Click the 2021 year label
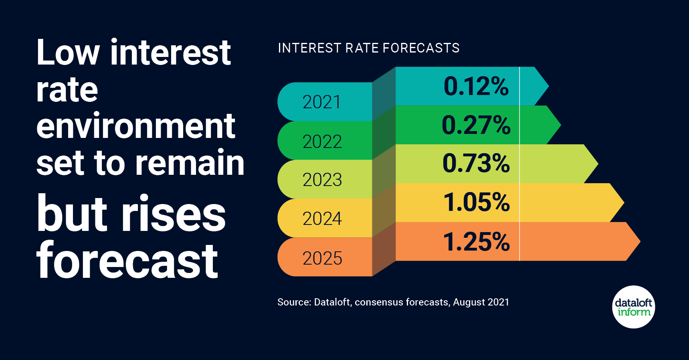pyautogui.click(x=322, y=102)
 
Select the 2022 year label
pyautogui.click(x=322, y=142)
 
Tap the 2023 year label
pyautogui.click(x=322, y=180)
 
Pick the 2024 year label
pyautogui.click(x=322, y=218)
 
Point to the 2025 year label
pyautogui.click(x=322, y=258)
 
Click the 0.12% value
pyautogui.click(x=476, y=86)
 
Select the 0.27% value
pyautogui.click(x=476, y=125)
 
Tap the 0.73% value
pyautogui.click(x=476, y=164)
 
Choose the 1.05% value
pyautogui.click(x=476, y=202)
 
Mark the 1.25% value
pyautogui.click(x=476, y=242)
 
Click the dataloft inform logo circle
pyautogui.click(x=634, y=307)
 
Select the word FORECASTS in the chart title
pyautogui.click(x=421, y=48)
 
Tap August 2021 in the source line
pyautogui.click(x=481, y=302)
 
